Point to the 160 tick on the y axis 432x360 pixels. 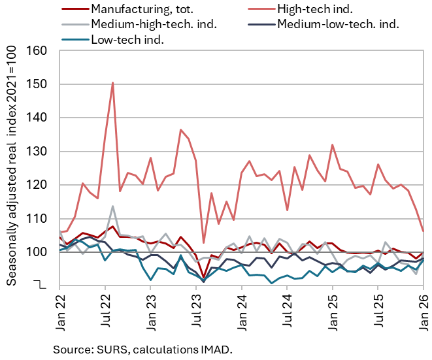40,51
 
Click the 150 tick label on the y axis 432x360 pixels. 40,84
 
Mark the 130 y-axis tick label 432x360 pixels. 40,152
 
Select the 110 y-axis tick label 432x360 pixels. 40,218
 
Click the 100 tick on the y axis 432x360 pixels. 40,252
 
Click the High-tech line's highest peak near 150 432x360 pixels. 112,83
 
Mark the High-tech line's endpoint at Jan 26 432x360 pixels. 424,231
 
